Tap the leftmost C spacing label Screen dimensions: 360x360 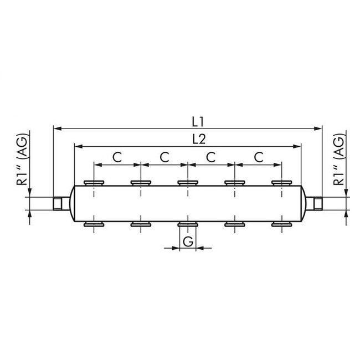coord(117,157)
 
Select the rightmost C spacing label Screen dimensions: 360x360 coord(258,157)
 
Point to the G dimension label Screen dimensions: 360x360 coord(188,241)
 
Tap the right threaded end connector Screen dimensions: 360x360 coord(317,203)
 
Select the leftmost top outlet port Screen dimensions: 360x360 coord(94,182)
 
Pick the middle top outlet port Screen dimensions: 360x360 coord(188,182)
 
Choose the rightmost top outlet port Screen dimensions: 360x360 coord(281,182)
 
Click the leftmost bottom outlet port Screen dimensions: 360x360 coord(94,224)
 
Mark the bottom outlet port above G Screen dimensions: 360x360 coord(188,224)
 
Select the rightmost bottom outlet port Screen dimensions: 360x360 coord(281,224)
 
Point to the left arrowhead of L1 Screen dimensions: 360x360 coord(56,128)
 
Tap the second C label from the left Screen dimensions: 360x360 coord(164,157)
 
